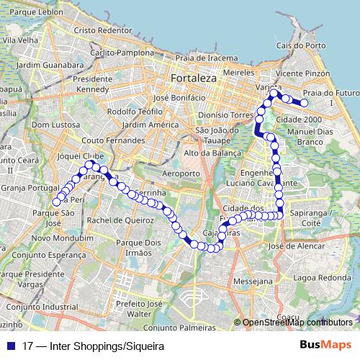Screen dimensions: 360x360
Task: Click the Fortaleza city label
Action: pos(189,78)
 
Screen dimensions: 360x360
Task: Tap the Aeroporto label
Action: pos(180,174)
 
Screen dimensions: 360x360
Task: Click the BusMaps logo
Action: pos(327,345)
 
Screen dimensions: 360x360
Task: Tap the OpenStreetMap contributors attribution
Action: pos(295,322)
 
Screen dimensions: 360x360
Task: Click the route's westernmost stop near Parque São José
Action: pos(57,202)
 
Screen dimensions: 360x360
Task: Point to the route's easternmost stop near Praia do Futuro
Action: pos(305,104)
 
